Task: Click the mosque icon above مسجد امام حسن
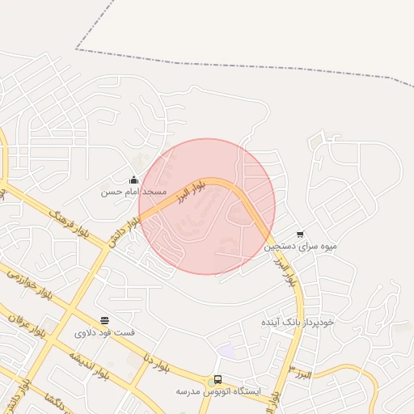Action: [x=133, y=180]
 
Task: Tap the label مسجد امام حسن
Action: [x=133, y=192]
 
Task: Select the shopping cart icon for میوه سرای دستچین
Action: [x=300, y=234]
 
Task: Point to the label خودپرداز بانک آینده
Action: [x=297, y=322]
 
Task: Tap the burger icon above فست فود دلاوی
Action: [x=105, y=321]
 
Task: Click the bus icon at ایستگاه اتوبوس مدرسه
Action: [x=218, y=379]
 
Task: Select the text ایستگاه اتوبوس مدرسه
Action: [x=218, y=391]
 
